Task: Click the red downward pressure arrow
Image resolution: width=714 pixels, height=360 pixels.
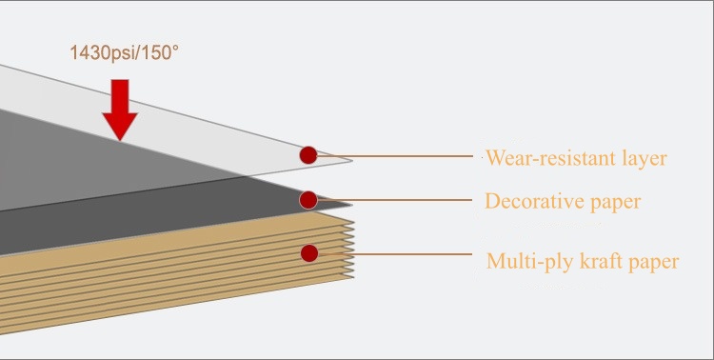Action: (120, 110)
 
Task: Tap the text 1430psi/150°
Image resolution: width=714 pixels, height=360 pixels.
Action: (124, 53)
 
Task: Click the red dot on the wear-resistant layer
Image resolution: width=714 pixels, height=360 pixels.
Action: (308, 155)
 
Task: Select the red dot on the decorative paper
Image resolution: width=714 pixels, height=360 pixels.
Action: (308, 200)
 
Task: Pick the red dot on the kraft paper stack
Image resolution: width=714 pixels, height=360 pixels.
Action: (309, 253)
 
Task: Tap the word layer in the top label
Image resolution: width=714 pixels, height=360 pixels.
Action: (645, 159)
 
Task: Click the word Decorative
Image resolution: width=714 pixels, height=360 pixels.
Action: (534, 201)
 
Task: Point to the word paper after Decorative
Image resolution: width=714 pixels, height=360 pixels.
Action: (616, 203)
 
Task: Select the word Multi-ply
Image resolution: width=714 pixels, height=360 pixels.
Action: (524, 262)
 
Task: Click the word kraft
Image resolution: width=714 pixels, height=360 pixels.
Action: (595, 261)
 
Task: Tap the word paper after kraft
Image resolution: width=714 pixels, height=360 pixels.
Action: (654, 263)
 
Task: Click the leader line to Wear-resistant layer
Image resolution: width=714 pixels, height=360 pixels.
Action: (395, 156)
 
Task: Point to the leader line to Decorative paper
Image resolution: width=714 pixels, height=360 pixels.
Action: (394, 200)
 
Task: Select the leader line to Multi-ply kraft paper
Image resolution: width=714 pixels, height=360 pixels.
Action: (395, 254)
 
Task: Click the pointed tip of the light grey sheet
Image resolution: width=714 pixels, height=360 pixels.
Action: (352, 160)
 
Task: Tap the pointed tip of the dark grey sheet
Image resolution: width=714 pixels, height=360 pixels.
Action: (352, 205)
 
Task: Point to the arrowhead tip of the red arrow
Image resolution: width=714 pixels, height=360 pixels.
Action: (120, 140)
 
